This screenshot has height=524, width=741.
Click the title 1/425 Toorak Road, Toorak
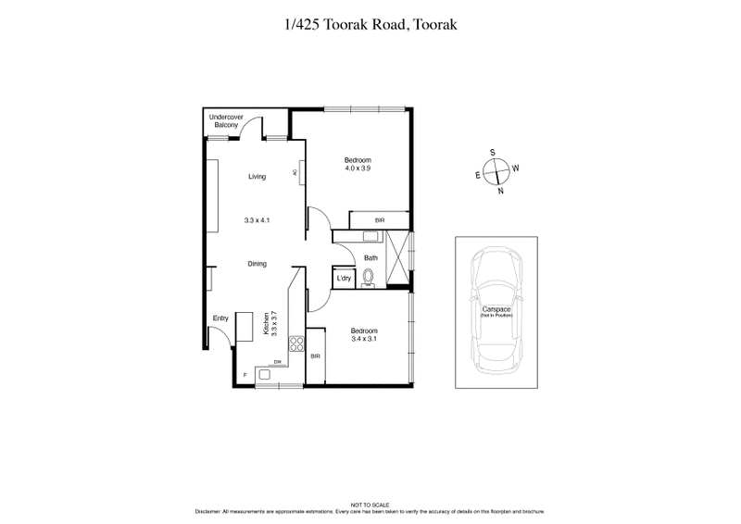[370, 26]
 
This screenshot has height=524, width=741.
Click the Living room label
[257, 177]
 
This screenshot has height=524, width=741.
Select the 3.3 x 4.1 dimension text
[257, 220]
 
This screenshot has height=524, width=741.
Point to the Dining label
[257, 264]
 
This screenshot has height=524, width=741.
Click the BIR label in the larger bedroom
[380, 220]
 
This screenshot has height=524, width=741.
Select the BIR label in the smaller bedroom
[316, 356]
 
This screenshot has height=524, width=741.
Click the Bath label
[370, 258]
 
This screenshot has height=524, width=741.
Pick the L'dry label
[344, 278]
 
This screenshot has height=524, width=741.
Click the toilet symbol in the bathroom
[370, 277]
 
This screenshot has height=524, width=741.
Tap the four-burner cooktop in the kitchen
[297, 344]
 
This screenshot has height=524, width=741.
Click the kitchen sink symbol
[265, 374]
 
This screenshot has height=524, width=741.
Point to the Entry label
[220, 318]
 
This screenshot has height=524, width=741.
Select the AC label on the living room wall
[295, 172]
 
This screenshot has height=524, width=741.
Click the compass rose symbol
[496, 172]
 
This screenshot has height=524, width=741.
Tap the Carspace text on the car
[496, 311]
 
